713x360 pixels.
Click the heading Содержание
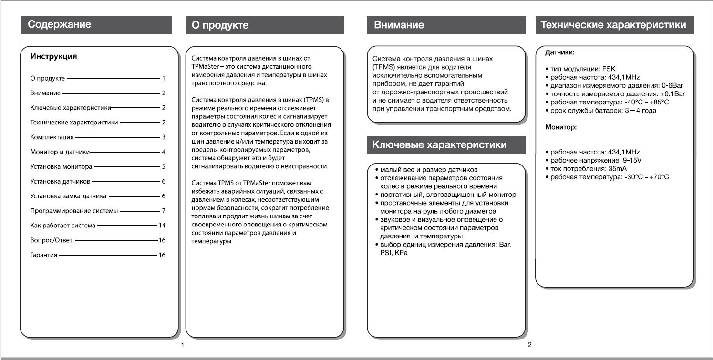60,24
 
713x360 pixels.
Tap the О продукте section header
220,25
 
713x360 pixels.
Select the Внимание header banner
399,25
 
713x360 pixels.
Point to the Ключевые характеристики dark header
439,145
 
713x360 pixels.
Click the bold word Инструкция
53,57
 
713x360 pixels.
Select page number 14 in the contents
162,226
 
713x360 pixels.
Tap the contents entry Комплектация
52,137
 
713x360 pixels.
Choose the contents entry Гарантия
44,255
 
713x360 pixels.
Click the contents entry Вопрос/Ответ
52,240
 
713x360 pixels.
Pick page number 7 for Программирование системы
163,211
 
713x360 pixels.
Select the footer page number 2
529,344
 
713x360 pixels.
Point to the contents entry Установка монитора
61,167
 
